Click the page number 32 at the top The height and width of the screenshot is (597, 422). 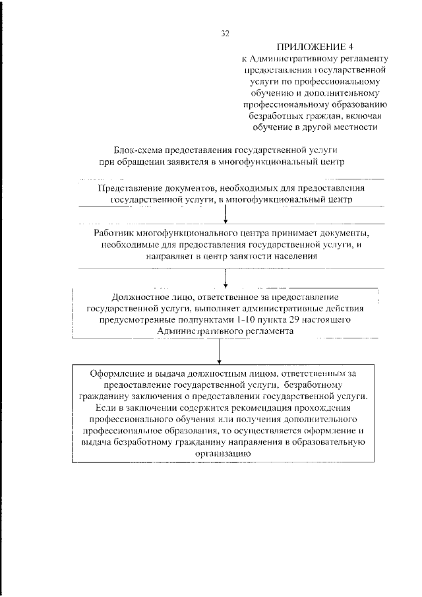pos(226,31)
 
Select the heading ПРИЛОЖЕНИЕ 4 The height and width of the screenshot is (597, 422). pos(311,46)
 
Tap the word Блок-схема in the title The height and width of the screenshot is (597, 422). pos(138,150)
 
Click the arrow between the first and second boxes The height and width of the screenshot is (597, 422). pos(227,214)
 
